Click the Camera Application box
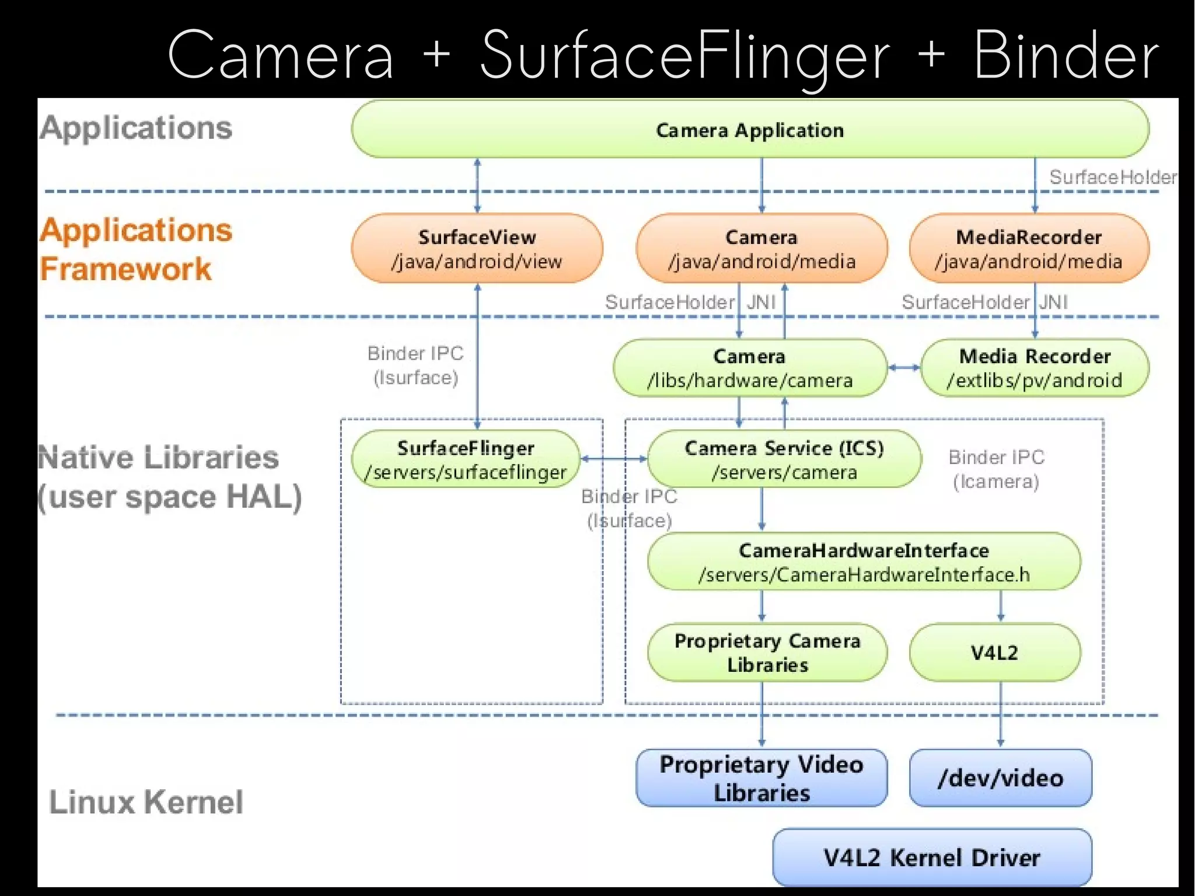(x=750, y=130)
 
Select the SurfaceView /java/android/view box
(x=477, y=249)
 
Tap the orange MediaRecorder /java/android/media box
(x=1029, y=249)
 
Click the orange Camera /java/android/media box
(x=761, y=249)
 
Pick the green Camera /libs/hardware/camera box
(x=750, y=368)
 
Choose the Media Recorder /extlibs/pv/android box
(x=1035, y=368)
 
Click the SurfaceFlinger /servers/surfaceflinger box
(x=466, y=459)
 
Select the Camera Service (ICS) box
(x=784, y=459)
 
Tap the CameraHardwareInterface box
(x=864, y=562)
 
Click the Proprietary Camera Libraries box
(x=767, y=653)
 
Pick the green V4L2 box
(x=994, y=653)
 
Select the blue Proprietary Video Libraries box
(x=761, y=778)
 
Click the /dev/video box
(x=1000, y=778)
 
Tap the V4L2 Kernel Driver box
(x=932, y=857)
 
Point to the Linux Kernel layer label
(x=146, y=801)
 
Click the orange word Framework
(x=125, y=269)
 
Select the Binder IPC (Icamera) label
(x=996, y=469)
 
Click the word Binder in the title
(x=1065, y=55)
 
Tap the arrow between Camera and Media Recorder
(x=904, y=368)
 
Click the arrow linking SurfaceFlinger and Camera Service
(x=614, y=459)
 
